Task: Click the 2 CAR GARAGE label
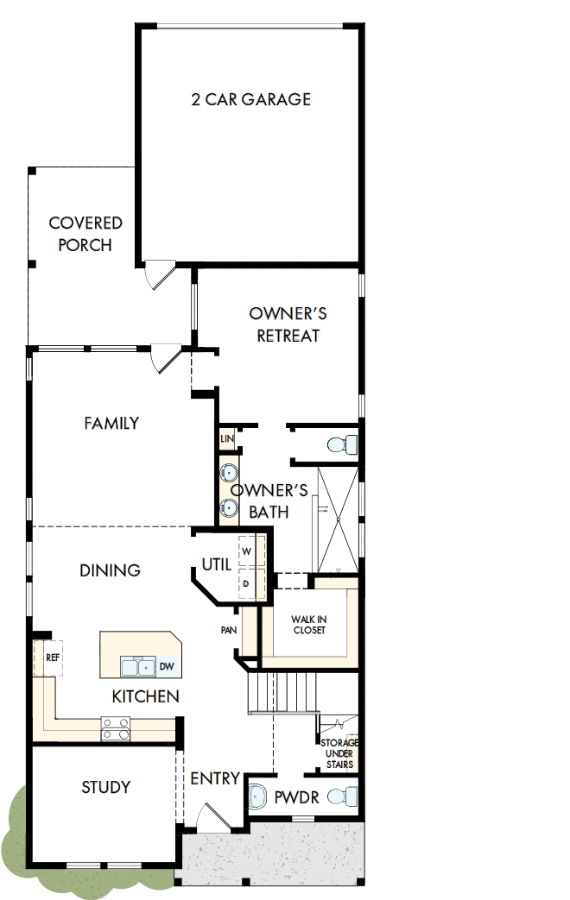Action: (250, 99)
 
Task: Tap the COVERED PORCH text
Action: (85, 234)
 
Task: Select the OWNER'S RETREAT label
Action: (288, 324)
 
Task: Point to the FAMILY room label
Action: (111, 423)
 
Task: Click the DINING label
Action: (110, 570)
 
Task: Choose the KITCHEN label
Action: (146, 695)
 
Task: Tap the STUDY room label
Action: (106, 787)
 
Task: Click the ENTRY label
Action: (215, 778)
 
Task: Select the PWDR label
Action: (296, 798)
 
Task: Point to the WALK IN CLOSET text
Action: (308, 625)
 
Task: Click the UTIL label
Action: (216, 564)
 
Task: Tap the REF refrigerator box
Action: (52, 657)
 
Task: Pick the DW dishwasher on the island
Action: (166, 666)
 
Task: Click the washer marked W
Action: (246, 550)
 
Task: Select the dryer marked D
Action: (246, 583)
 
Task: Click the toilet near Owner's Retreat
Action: (341, 445)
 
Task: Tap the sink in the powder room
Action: (258, 797)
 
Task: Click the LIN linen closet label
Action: (227, 439)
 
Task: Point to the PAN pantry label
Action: (229, 630)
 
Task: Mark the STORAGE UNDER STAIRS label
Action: (339, 753)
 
